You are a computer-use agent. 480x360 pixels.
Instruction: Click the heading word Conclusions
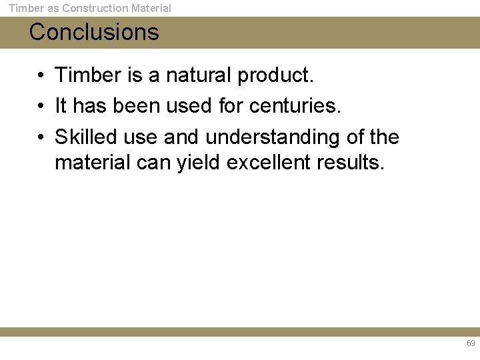point(94,32)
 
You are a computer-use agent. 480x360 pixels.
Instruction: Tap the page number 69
point(471,343)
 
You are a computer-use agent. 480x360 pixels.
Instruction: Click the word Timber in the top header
point(26,9)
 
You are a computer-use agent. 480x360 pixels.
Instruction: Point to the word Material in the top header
point(151,9)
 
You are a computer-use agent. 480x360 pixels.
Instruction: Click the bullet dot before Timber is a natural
point(41,76)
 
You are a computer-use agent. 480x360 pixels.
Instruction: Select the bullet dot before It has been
point(41,107)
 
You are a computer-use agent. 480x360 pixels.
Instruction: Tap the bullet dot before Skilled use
point(41,137)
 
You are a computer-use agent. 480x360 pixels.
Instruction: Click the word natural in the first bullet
point(201,75)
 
